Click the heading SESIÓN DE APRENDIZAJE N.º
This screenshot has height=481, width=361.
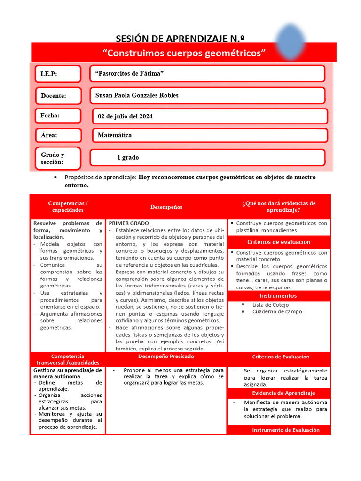(x=180, y=39)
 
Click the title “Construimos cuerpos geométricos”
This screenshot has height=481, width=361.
(x=184, y=53)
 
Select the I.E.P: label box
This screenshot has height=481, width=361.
(x=58, y=74)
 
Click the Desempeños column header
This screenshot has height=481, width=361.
(x=166, y=207)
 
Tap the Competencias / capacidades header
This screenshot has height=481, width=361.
(x=68, y=207)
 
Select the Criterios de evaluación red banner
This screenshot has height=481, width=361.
(x=279, y=242)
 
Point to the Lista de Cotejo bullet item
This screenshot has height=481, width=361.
(x=270, y=304)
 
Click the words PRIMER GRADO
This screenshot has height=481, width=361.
(x=129, y=223)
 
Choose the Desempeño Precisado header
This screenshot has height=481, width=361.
(x=166, y=357)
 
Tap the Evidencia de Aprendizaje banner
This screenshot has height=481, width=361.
(x=283, y=393)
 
